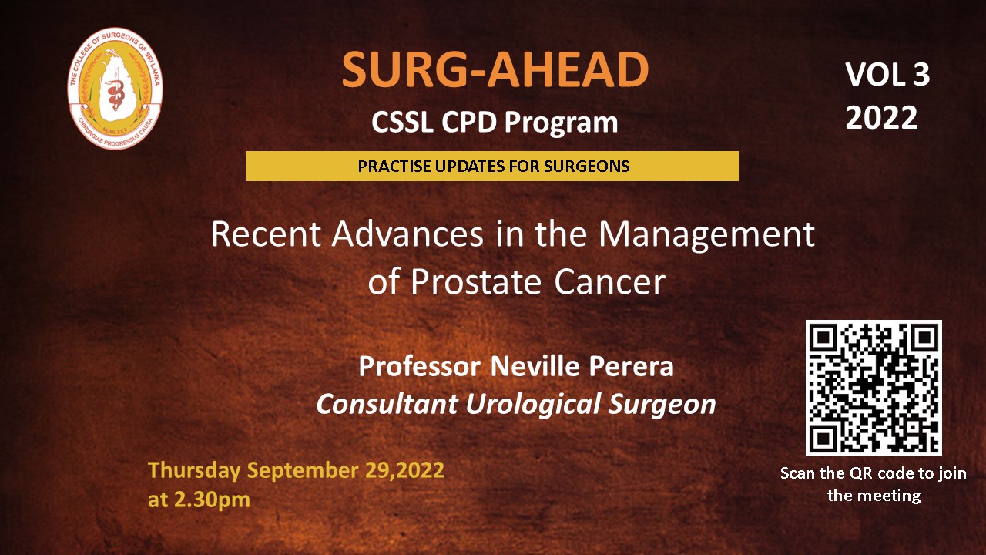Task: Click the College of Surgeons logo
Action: click(x=116, y=88)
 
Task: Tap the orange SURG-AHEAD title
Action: click(x=495, y=69)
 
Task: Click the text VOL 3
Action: click(x=887, y=75)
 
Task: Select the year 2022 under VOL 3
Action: click(x=881, y=118)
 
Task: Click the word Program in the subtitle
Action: click(x=562, y=123)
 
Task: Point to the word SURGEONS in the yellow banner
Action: click(x=586, y=166)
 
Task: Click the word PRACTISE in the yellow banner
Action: click(x=394, y=166)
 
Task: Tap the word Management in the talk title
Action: click(x=706, y=236)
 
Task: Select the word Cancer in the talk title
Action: click(x=609, y=282)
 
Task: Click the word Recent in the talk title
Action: click(x=266, y=234)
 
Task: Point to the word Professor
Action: click(x=419, y=366)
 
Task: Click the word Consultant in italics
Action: click(x=387, y=405)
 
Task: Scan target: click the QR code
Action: click(x=874, y=388)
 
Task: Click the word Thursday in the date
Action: click(x=194, y=470)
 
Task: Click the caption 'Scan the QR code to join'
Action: click(x=874, y=473)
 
